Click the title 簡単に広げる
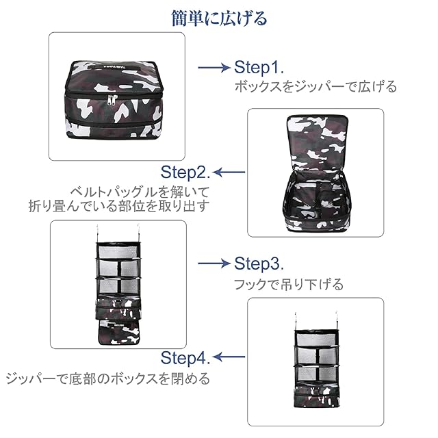219,18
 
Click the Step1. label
259,67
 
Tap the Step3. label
259,263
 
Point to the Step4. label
185,357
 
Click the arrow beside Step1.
213,68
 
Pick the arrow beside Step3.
213,263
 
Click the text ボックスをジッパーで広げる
315,87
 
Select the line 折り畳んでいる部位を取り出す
118,205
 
